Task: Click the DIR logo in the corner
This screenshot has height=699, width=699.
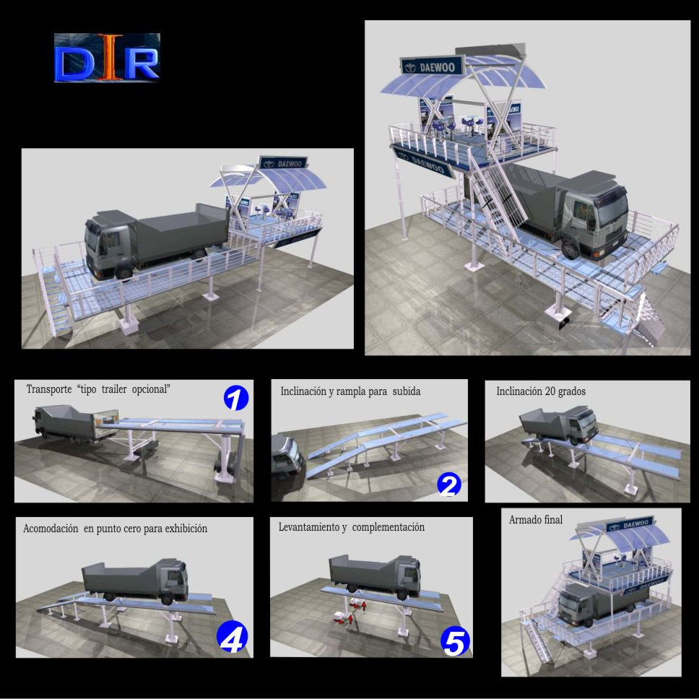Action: click(107, 58)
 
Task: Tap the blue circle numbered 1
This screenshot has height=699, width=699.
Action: click(236, 398)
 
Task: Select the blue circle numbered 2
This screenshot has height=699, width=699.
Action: click(449, 485)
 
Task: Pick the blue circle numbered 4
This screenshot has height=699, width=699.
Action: click(232, 638)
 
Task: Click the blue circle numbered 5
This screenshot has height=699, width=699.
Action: click(455, 643)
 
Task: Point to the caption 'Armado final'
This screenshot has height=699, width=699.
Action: click(535, 520)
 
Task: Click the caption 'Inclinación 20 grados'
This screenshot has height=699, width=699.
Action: click(541, 391)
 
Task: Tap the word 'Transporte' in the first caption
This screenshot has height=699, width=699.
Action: click(49, 389)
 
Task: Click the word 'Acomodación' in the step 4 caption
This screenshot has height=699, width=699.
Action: click(51, 529)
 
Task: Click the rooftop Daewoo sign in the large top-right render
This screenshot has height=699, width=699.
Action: click(432, 67)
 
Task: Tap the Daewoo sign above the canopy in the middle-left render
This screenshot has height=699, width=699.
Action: click(283, 163)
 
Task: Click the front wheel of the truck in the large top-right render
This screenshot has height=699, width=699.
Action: click(570, 248)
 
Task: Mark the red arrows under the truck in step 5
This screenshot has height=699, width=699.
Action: click(350, 612)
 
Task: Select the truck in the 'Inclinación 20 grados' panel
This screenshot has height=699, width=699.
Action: click(559, 425)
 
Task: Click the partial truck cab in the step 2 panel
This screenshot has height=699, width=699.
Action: click(287, 456)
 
